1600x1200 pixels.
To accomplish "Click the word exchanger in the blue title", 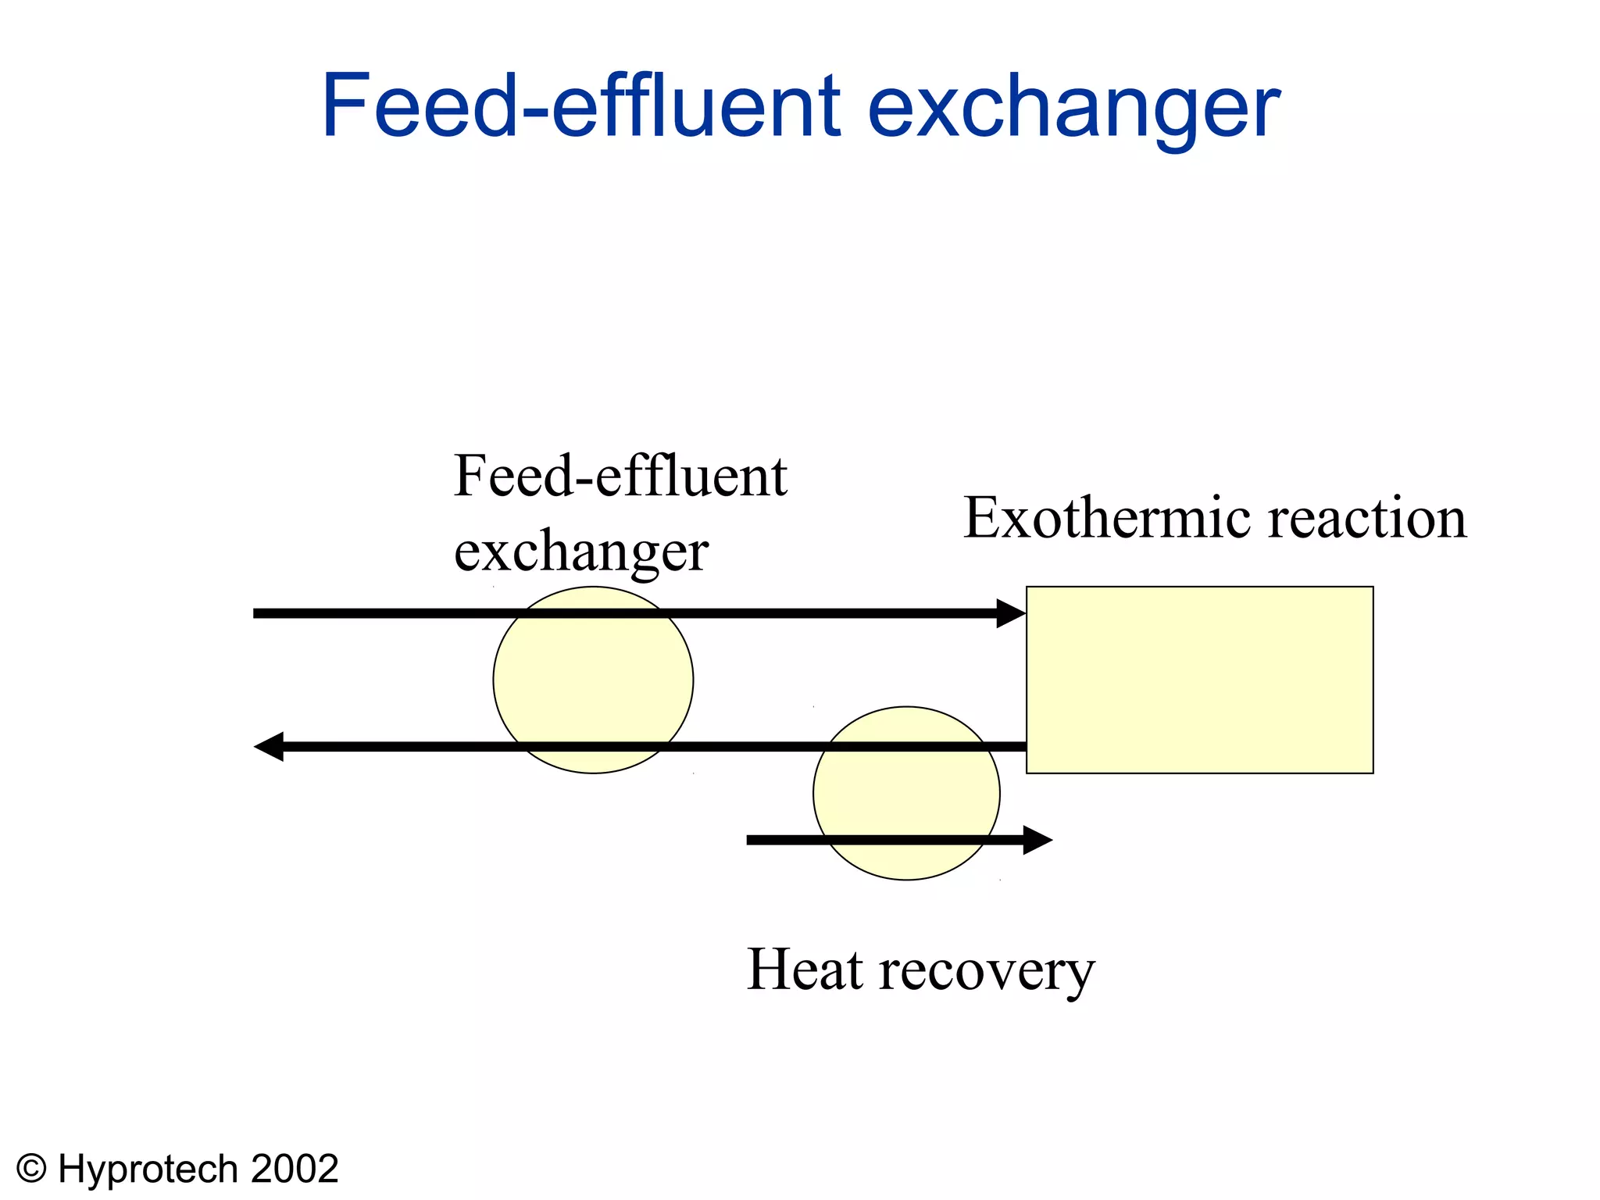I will pos(1073,107).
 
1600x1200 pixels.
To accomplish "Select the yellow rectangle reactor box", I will pos(1199,680).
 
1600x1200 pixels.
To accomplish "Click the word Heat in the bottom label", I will pos(805,970).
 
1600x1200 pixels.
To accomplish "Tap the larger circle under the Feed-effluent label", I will pos(593,680).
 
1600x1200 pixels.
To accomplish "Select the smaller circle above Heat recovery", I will pos(906,793).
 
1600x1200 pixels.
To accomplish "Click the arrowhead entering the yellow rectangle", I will pos(1012,613).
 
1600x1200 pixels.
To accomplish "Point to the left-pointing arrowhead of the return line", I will pos(268,747).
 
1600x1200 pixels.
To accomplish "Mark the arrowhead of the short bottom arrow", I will pos(1038,840).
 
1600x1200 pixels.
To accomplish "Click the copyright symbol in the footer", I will pos(32,1169).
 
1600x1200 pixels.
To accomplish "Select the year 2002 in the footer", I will pos(295,1169).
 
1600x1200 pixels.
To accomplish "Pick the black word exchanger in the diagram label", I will pos(581,552).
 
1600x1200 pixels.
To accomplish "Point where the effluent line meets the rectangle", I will pos(1026,747).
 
